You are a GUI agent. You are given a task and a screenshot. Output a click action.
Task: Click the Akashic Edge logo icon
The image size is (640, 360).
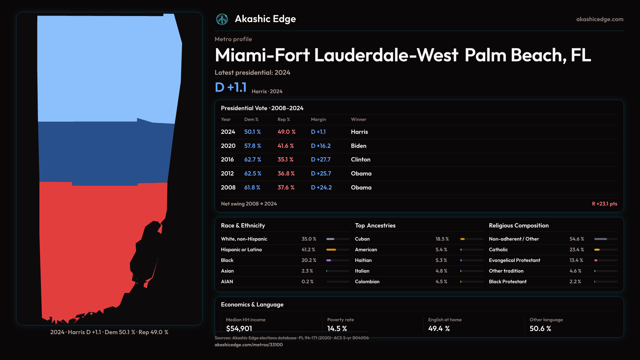222,19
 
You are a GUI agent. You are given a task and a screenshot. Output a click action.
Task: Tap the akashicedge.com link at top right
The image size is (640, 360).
600,19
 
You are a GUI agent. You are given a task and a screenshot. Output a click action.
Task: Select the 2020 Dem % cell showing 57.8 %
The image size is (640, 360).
253,146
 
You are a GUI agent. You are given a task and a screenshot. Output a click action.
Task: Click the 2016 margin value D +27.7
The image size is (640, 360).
321,160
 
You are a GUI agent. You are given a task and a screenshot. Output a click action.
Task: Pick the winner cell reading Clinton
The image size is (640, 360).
361,160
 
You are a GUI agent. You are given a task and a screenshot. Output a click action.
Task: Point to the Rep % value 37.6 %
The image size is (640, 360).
286,188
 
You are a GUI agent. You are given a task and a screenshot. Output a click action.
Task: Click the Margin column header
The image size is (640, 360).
318,119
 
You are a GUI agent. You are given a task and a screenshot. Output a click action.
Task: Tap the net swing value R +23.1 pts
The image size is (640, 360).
604,204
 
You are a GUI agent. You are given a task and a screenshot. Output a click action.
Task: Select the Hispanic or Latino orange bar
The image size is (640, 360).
331,250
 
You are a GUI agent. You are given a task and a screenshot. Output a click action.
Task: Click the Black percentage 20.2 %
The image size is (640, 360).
309,260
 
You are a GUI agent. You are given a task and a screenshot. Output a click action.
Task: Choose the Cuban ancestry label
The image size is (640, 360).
362,239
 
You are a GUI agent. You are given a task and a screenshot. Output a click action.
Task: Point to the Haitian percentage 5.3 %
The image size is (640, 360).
441,260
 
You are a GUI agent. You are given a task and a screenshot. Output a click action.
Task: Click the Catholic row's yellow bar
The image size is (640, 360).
597,250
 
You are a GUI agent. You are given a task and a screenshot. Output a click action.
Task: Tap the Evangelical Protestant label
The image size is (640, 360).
514,260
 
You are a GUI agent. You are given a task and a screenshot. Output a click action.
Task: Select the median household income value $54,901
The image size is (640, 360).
239,329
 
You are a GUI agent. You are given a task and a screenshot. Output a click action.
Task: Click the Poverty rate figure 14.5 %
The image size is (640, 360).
337,329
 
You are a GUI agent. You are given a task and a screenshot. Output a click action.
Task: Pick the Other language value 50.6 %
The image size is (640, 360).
540,329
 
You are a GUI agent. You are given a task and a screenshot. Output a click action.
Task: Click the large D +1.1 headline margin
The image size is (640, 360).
231,88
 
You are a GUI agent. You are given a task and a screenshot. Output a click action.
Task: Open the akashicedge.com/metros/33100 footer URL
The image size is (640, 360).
248,345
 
